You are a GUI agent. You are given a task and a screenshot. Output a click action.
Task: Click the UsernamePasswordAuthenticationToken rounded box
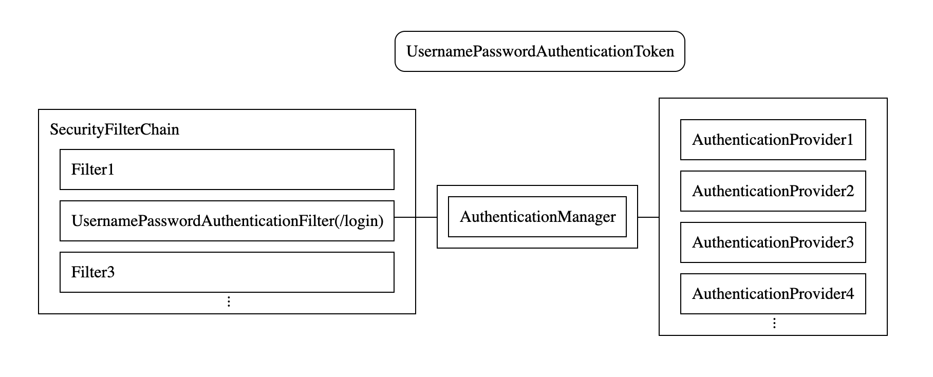point(539,51)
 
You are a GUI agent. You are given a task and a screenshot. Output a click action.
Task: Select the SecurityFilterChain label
point(115,129)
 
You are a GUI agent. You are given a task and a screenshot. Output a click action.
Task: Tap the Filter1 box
point(227,169)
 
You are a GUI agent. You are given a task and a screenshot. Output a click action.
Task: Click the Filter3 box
point(227,272)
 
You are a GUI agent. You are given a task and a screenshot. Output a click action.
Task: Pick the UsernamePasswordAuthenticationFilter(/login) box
point(227,221)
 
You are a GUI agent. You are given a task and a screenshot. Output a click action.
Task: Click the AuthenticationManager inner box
point(537,217)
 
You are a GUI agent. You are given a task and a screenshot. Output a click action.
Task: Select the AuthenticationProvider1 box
point(773,140)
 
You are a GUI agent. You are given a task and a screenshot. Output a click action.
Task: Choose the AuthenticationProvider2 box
point(773,191)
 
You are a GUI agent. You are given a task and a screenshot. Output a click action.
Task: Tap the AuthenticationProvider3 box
point(773,242)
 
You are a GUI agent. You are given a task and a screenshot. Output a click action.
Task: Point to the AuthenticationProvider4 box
point(773,294)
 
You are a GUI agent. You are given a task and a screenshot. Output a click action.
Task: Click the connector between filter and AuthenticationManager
point(416,217)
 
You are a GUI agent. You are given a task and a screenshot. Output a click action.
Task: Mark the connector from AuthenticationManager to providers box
point(648,217)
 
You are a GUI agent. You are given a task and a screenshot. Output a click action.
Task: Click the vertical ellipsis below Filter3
point(229,301)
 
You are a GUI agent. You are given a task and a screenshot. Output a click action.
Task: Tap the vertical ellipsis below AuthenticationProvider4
point(774,323)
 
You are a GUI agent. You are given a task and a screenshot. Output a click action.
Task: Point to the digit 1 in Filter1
point(110,169)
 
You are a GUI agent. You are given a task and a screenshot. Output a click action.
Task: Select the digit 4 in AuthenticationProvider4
point(849,294)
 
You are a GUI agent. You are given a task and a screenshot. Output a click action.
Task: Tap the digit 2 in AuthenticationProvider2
point(849,191)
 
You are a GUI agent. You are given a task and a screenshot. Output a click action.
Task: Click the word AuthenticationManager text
point(537,217)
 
